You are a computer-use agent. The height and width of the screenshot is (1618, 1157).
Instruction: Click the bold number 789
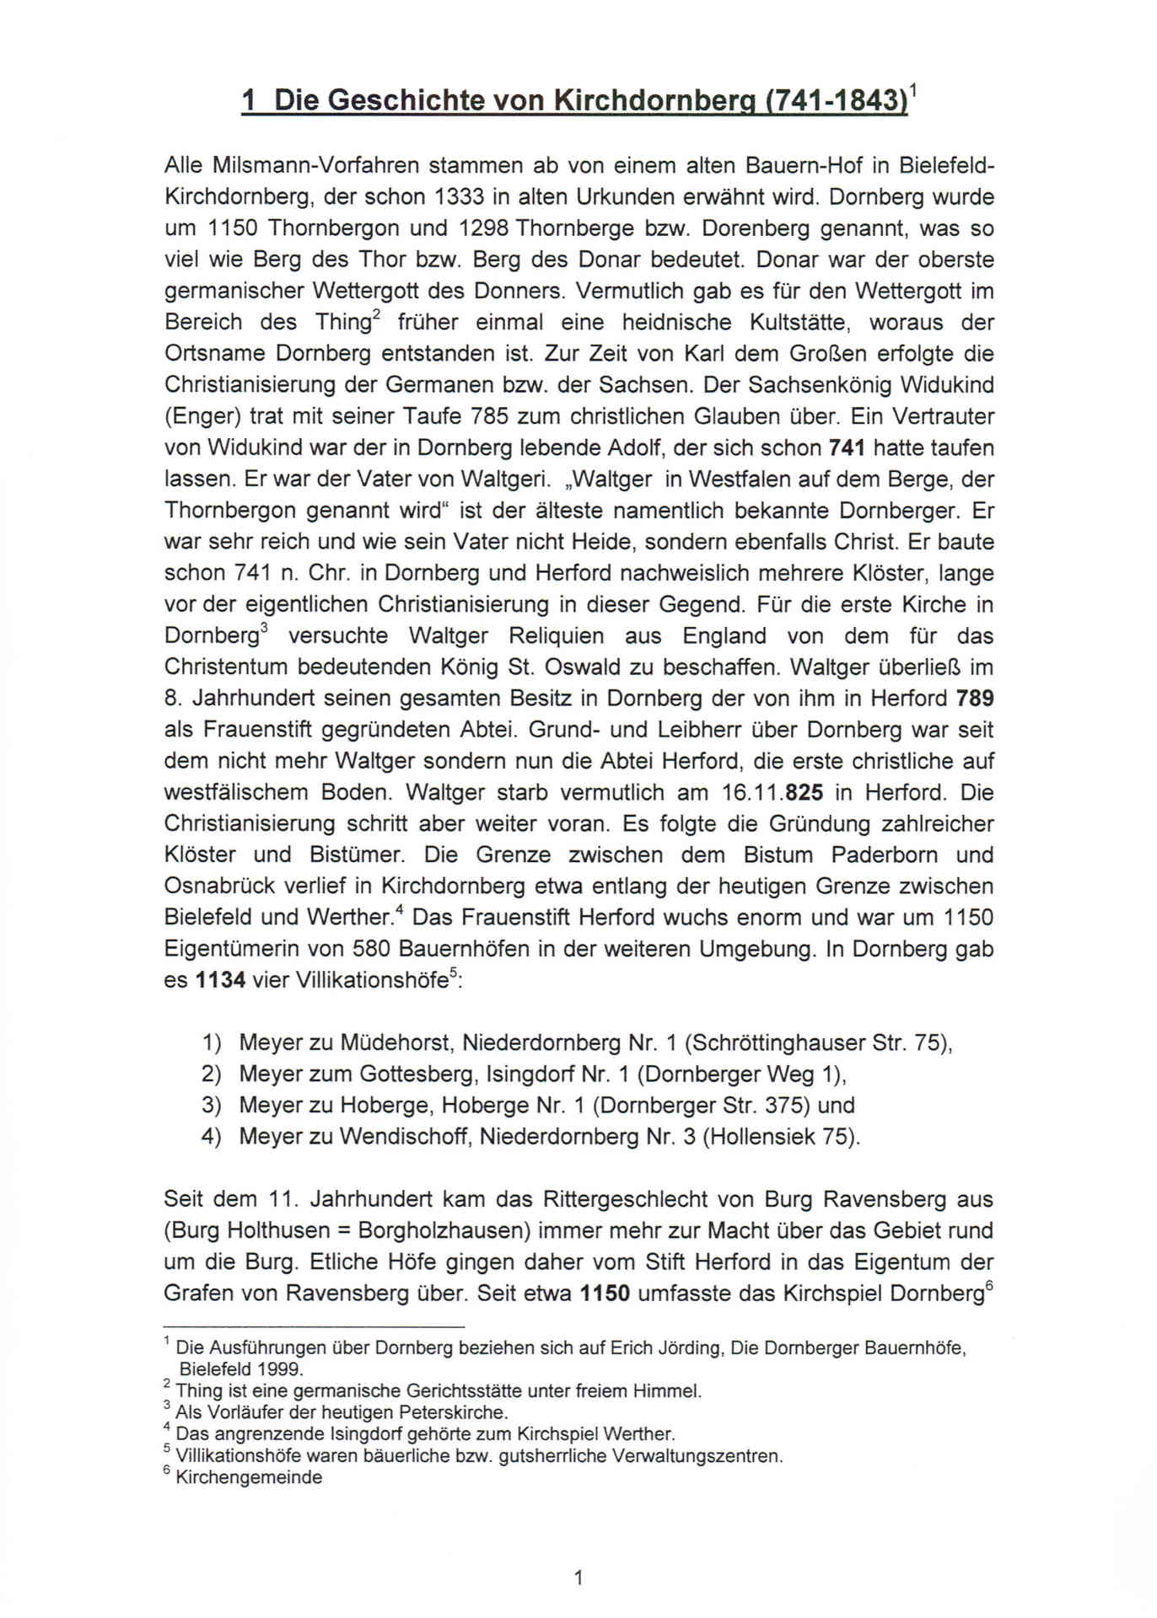click(x=974, y=699)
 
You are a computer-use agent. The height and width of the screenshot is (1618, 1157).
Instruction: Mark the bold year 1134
click(x=220, y=980)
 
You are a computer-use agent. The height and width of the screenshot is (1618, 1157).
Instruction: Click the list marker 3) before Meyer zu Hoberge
click(x=211, y=1106)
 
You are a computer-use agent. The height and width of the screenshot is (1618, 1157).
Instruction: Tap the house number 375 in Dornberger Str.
click(x=788, y=1106)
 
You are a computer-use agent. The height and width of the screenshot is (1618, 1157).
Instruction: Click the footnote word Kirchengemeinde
click(x=249, y=1477)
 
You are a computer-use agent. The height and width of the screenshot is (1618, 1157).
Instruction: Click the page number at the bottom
click(x=578, y=1578)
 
